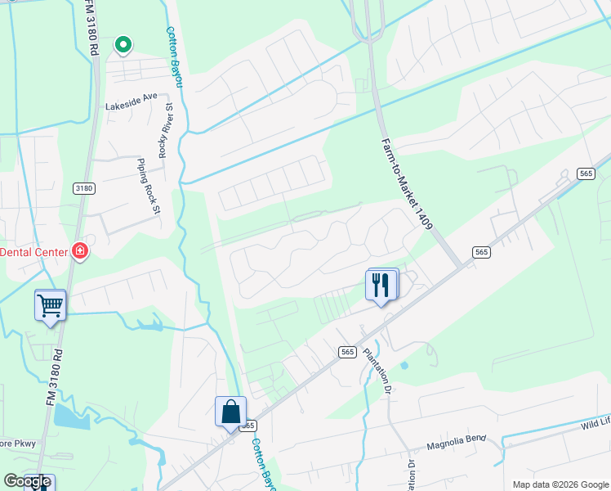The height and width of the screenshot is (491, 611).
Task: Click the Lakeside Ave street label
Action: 131,96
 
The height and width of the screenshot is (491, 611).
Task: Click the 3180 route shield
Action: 84,188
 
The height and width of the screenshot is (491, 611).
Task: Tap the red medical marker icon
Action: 80,251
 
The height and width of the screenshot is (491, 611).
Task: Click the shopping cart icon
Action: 50,305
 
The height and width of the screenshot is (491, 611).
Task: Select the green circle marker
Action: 123,44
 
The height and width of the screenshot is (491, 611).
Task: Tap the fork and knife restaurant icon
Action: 381,285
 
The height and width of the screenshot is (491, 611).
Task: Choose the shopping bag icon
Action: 230,411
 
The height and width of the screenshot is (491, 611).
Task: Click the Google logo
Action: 27,481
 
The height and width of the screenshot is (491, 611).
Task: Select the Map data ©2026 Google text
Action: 560,484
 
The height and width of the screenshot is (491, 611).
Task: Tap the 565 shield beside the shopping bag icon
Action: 248,426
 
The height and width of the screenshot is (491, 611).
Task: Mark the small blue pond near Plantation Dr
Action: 404,365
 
